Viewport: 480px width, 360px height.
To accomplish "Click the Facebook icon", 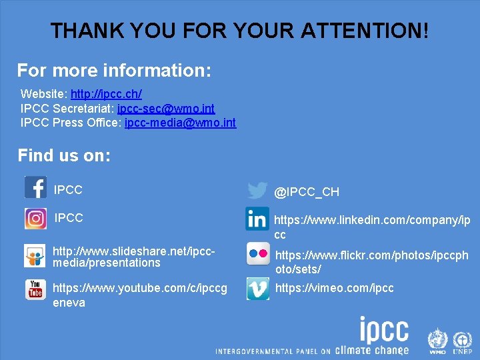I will (35, 187).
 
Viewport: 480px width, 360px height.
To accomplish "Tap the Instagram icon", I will (35, 219).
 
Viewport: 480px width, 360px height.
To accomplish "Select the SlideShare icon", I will (35, 255).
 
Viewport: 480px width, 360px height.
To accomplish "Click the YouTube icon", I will (35, 290).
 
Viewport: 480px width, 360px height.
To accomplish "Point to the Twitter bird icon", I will (257, 191).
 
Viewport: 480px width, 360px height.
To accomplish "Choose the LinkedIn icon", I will (257, 219).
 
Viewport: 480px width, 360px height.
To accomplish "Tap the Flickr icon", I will (258, 254).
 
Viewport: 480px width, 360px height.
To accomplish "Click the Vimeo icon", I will (258, 289).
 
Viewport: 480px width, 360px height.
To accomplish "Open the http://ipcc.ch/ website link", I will (106, 94).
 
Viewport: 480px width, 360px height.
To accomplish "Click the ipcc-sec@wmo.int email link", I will (166, 109).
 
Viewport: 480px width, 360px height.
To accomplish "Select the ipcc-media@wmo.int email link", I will (180, 123).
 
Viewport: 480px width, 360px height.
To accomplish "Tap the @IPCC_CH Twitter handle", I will (307, 192).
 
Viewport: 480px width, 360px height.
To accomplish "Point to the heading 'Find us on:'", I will (64, 156).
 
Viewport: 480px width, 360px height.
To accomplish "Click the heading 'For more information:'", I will (114, 70).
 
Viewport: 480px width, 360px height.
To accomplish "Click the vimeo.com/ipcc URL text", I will (334, 288).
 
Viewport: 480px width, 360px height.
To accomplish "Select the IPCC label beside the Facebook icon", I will (68, 190).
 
